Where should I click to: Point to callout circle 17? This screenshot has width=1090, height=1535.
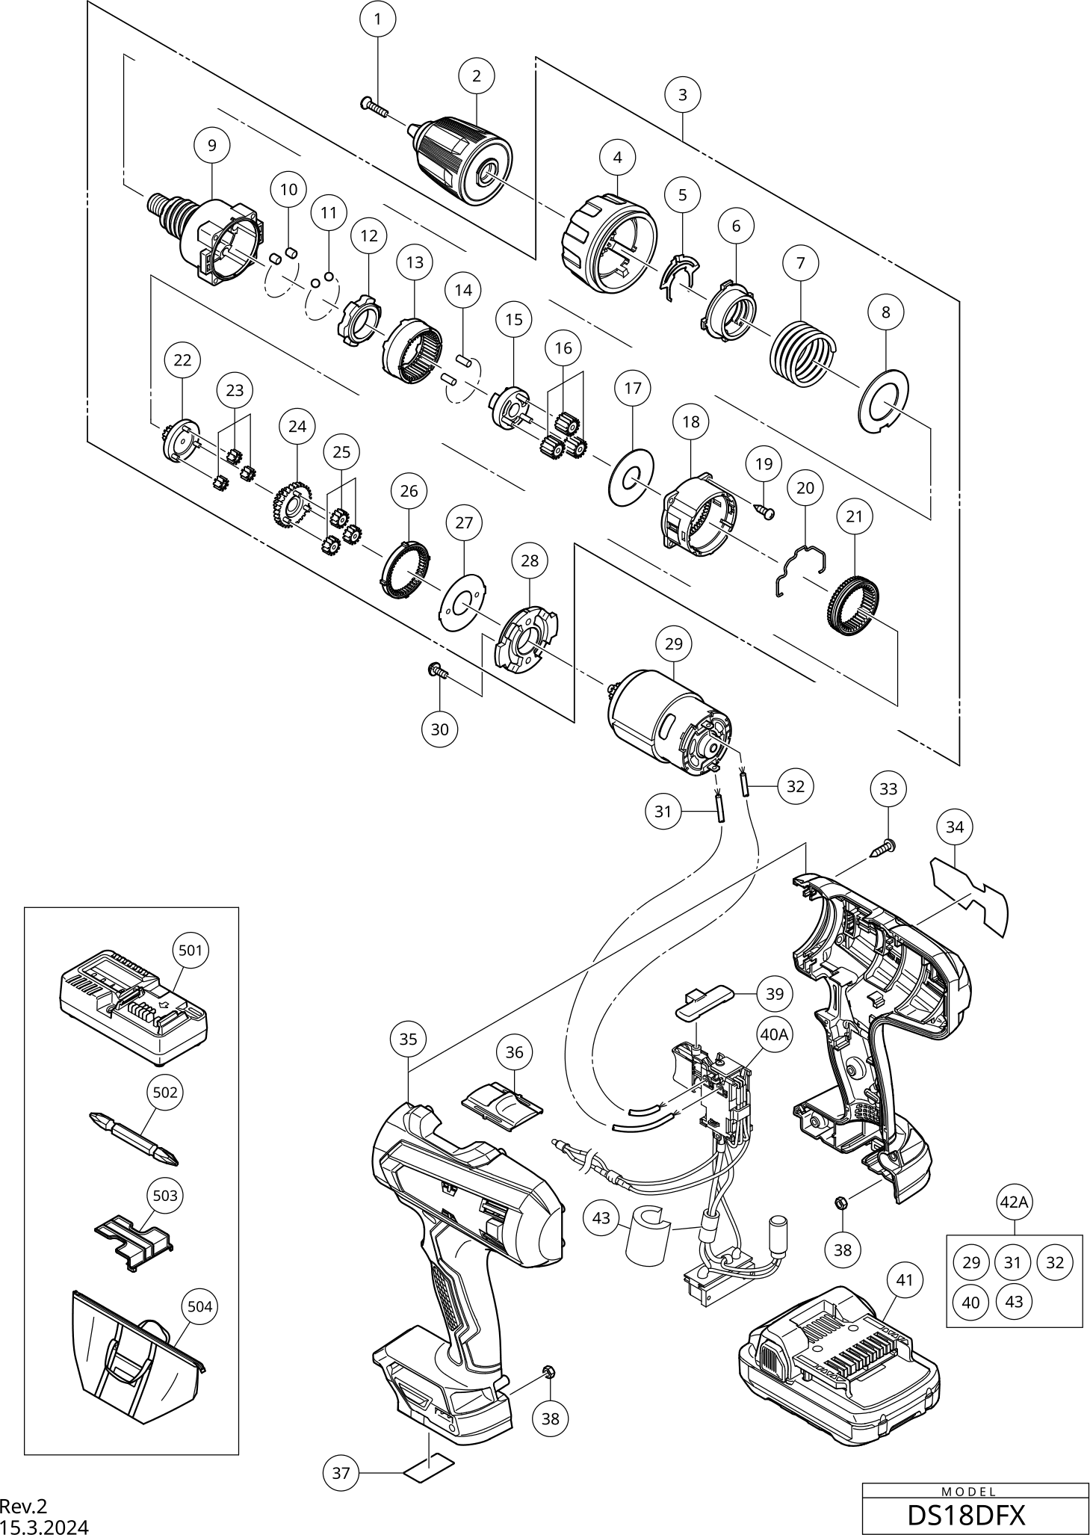tap(633, 389)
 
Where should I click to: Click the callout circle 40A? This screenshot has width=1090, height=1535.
tap(773, 1034)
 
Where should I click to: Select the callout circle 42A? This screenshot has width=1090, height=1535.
tap(1014, 1202)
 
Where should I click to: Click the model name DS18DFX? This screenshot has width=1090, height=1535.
tap(965, 1515)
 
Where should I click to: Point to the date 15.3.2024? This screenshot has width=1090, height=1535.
tap(44, 1525)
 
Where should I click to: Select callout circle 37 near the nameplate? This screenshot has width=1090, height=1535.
tap(341, 1473)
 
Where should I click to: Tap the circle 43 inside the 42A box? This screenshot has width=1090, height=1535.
tap(1014, 1301)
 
